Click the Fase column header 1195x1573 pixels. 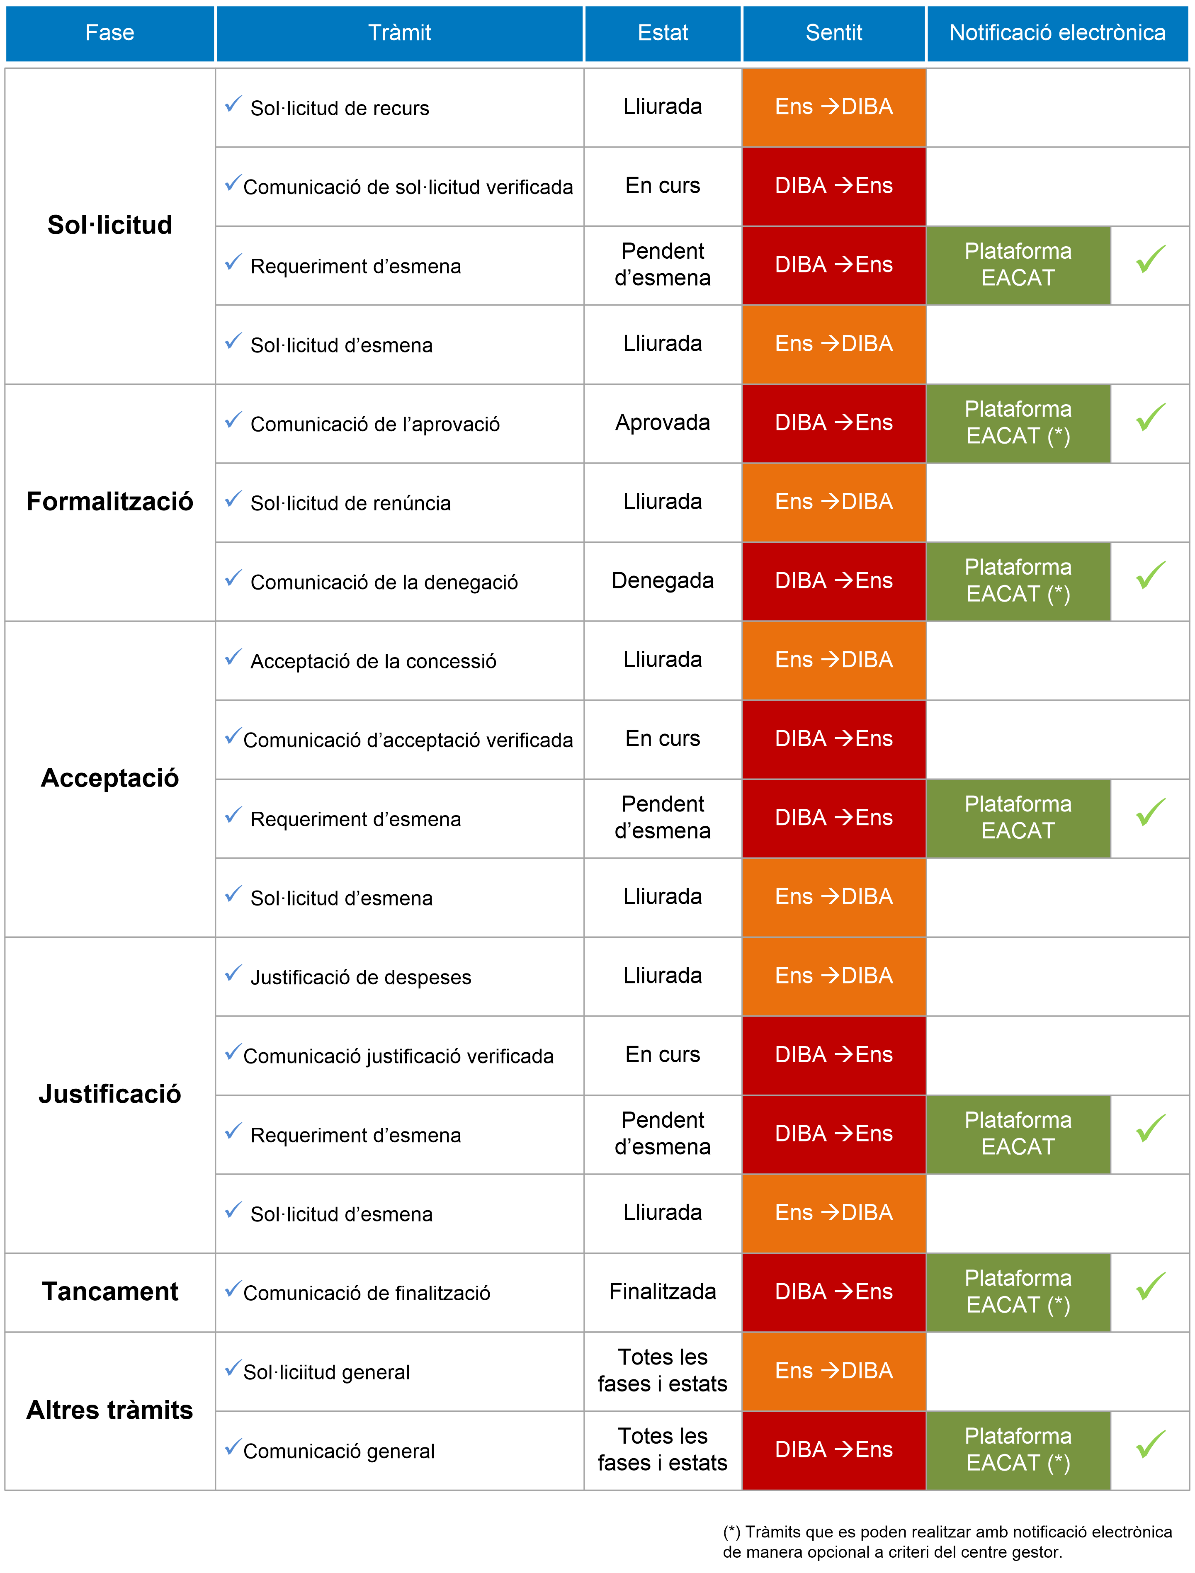click(109, 33)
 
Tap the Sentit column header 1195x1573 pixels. click(834, 33)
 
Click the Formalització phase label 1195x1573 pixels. click(109, 501)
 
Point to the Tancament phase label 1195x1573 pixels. click(109, 1291)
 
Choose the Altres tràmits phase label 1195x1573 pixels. click(109, 1410)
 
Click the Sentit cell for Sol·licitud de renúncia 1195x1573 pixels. click(834, 502)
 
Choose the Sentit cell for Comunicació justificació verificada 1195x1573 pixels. click(834, 1055)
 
